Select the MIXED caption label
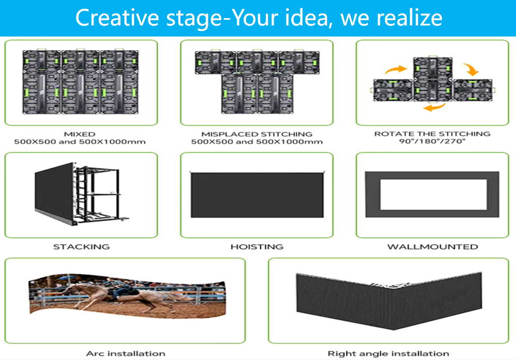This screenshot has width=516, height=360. tap(80, 134)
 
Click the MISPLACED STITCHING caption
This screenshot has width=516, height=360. tap(257, 134)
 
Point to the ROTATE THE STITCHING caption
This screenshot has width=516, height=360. tap(433, 134)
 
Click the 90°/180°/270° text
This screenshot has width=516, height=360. tap(433, 141)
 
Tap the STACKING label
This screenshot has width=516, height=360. tap(81, 247)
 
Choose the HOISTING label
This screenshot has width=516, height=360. tap(257, 247)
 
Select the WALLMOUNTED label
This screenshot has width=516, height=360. tap(433, 247)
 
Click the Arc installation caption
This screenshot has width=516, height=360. tap(126, 354)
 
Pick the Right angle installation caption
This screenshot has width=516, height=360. tap(389, 354)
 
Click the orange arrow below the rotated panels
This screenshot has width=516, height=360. tap(434, 107)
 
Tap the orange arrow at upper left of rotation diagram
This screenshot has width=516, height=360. tap(396, 69)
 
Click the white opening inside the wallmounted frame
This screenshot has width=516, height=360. tap(434, 194)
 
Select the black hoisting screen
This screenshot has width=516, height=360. tap(257, 195)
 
